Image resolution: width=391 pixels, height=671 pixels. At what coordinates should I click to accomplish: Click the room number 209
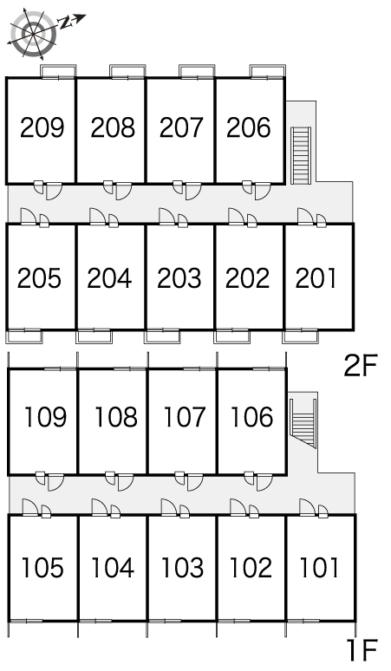[x=42, y=127]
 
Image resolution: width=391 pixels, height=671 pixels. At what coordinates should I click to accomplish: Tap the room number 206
[x=249, y=127]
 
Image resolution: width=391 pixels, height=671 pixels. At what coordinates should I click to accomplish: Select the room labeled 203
[x=179, y=278]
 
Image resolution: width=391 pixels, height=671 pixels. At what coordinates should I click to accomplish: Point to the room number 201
[x=316, y=278]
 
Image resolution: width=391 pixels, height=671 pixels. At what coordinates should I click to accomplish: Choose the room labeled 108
[x=115, y=417]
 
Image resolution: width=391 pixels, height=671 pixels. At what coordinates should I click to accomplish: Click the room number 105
[x=42, y=568]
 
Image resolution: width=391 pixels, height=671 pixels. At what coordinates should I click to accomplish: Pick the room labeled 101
[x=319, y=568]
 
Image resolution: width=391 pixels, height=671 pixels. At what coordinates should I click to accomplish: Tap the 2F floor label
[x=360, y=367]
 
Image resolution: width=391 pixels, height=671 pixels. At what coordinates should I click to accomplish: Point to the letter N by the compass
[x=65, y=23]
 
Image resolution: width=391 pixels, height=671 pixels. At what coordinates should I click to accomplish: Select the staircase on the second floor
[x=300, y=155]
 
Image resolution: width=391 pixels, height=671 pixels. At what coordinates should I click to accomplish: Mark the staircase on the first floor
[x=303, y=423]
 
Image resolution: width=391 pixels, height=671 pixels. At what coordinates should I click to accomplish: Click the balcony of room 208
[x=127, y=71]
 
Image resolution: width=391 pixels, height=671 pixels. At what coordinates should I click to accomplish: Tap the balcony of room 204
[x=94, y=336]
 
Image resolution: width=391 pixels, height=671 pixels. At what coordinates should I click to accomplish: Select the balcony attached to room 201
[x=300, y=336]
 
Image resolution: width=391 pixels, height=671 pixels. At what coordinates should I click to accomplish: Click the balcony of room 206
[x=268, y=71]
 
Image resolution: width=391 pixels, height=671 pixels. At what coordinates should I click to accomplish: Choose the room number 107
[x=185, y=417]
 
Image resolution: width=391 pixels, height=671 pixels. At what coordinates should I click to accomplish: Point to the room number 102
[x=251, y=568]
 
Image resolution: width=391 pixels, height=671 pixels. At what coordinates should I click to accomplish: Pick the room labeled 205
[x=39, y=278]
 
